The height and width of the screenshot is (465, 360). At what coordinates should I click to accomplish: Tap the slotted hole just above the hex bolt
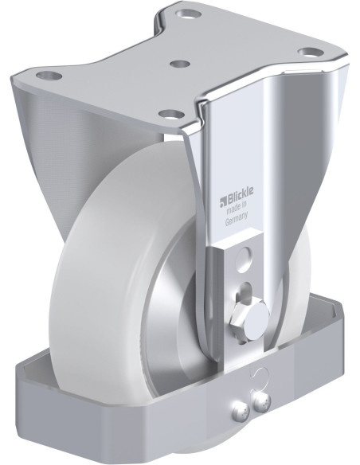coord(246,288)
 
